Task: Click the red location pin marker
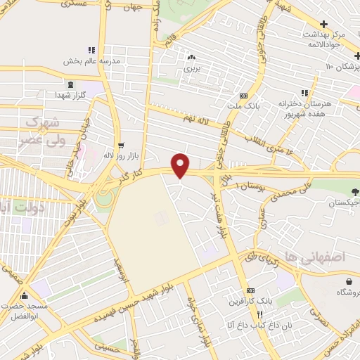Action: pos(181,165)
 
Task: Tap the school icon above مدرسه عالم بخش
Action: pos(91,50)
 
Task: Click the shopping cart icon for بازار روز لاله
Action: pos(120,144)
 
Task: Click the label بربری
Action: pos(193,70)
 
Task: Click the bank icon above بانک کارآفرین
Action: pos(251,291)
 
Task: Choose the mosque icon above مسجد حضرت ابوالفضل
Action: pos(24,295)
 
